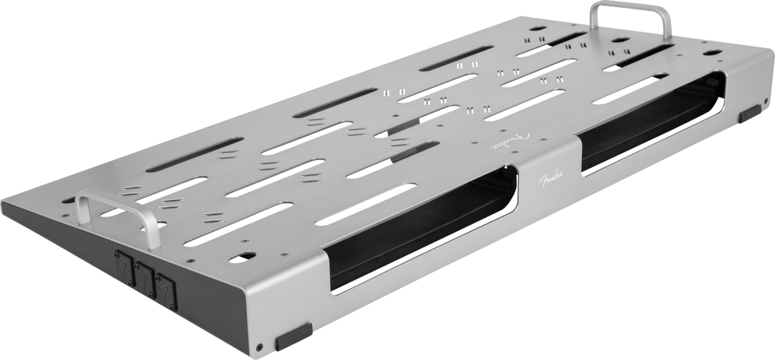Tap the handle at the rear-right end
click(x=630, y=5)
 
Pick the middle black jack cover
click(x=145, y=280)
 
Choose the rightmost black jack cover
click(x=166, y=292)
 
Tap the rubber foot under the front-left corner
click(x=293, y=337)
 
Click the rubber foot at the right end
click(x=750, y=113)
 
